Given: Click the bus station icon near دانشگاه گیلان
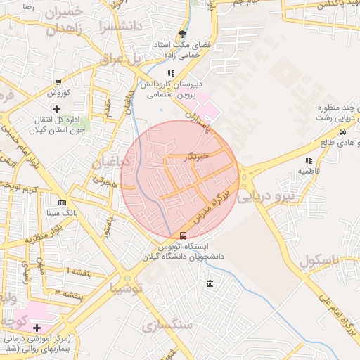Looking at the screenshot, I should click(x=184, y=236).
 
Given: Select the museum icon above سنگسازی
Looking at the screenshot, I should click(x=210, y=284).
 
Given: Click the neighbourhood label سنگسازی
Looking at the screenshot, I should click(x=166, y=326).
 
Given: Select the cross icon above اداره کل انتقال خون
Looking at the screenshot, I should click(x=57, y=109).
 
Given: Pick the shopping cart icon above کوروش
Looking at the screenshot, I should click(x=58, y=82).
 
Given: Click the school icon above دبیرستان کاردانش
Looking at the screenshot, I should click(x=170, y=73).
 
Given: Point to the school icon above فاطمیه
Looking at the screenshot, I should click(x=309, y=160).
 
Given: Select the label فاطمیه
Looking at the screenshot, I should click(x=309, y=171).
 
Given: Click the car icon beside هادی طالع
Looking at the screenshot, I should click(x=342, y=131).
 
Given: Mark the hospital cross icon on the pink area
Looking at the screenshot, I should click(x=36, y=328).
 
